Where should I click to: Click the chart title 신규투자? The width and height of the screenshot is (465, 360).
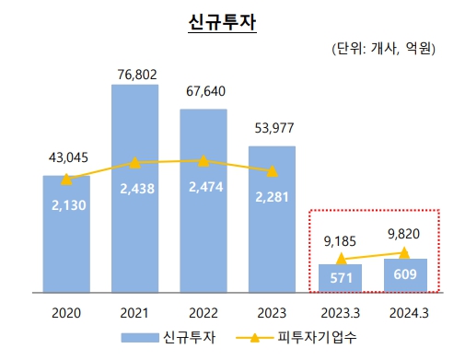pos(220,21)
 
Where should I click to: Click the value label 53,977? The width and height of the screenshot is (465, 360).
pos(273,130)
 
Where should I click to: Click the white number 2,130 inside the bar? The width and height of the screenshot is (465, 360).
pos(67,206)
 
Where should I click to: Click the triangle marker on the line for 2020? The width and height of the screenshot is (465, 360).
pos(65,180)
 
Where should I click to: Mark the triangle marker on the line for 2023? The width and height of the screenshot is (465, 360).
pos(273,170)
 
